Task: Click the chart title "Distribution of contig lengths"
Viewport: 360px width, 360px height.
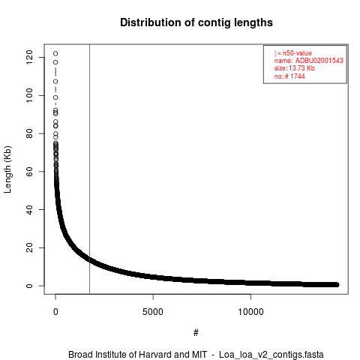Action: [196, 22]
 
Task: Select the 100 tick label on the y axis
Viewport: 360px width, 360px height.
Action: [29, 95]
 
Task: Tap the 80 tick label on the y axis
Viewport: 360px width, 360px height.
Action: [29, 133]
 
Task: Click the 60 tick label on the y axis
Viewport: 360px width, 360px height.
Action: [29, 172]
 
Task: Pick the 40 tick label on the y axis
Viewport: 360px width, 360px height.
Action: [29, 209]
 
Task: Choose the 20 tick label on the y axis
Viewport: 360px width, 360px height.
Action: [29, 247]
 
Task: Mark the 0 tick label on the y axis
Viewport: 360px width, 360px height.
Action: [29, 286]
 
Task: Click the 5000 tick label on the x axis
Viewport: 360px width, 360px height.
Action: [153, 312]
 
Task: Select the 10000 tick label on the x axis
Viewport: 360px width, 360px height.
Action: [250, 312]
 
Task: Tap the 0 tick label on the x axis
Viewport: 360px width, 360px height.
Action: [55, 312]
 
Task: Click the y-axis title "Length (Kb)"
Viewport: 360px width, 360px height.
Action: [7, 169]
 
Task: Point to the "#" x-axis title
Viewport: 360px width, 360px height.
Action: [196, 333]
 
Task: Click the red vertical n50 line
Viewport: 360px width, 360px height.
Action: [89, 169]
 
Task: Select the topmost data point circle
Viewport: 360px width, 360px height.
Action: [55, 53]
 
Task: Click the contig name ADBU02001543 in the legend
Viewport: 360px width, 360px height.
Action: [319, 61]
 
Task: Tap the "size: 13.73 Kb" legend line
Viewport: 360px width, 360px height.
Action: [295, 68]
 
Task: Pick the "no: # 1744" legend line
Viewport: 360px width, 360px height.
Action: [289, 76]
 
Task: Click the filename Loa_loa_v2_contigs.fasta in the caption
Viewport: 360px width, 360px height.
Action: [271, 355]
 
